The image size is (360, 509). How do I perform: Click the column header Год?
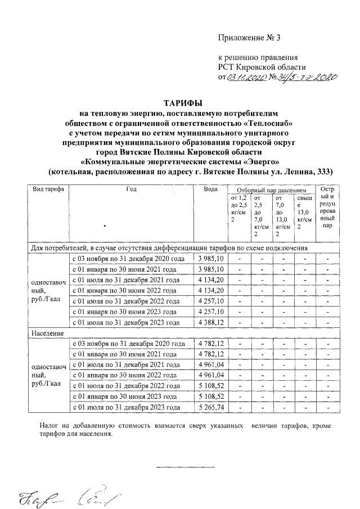(x=131, y=189)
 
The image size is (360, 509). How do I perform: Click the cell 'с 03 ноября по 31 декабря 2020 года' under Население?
(x=129, y=344)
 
